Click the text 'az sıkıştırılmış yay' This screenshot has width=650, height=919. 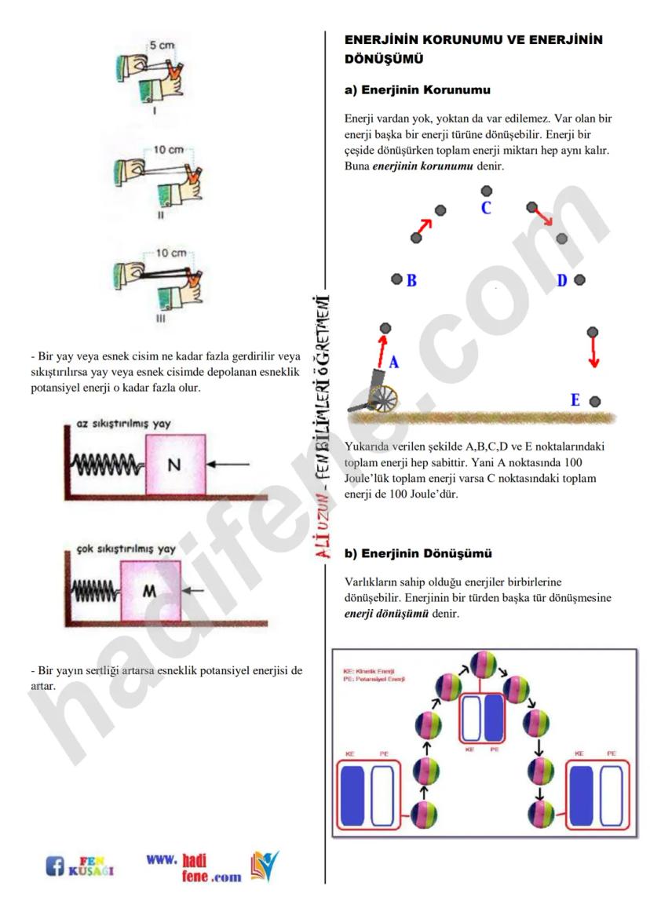pyautogui.click(x=124, y=424)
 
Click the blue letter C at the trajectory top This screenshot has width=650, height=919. pyautogui.click(x=486, y=209)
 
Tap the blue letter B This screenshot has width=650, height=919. pyautogui.click(x=411, y=280)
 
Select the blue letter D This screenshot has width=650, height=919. pyautogui.click(x=562, y=280)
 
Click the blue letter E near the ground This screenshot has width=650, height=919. pyautogui.click(x=575, y=401)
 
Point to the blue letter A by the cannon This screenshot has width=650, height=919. pyautogui.click(x=395, y=363)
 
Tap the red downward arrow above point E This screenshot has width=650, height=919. pyautogui.click(x=593, y=351)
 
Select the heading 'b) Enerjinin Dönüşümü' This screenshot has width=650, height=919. pyautogui.click(x=418, y=554)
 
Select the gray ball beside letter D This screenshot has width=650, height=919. pyautogui.click(x=579, y=280)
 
